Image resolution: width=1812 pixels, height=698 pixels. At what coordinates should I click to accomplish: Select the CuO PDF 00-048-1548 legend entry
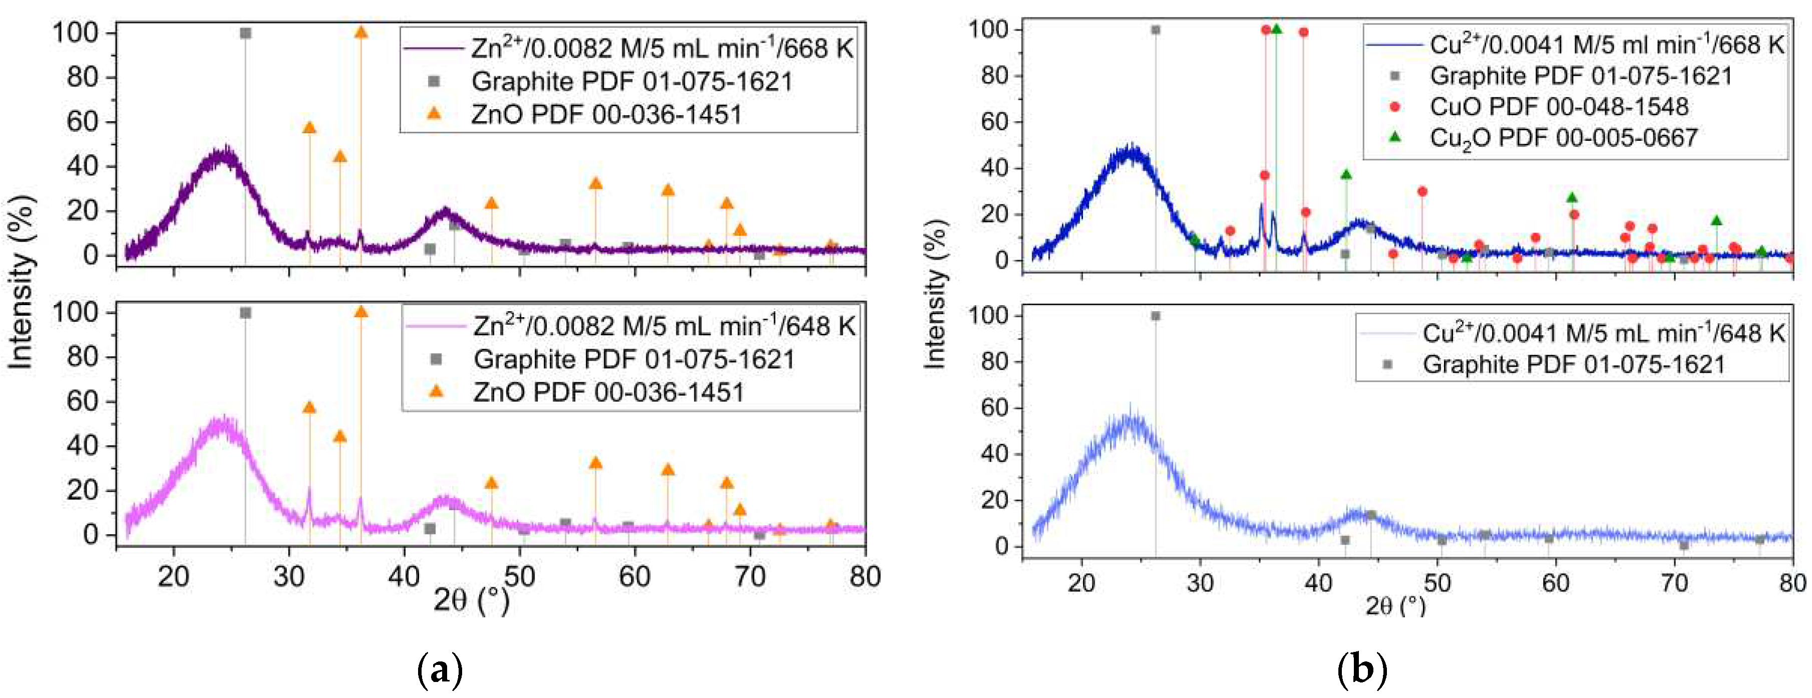coord(1558,107)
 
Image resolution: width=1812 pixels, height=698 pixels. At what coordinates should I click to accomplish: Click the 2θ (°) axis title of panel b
coord(1395,605)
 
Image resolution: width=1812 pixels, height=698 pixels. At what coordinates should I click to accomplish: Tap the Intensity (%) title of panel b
coord(935,294)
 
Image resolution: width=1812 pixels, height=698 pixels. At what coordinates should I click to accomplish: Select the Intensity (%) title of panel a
coord(21,282)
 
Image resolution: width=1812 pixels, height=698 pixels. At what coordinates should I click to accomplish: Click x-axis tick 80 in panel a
coord(865,576)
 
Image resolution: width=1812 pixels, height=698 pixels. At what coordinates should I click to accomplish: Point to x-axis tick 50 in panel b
coord(1437,583)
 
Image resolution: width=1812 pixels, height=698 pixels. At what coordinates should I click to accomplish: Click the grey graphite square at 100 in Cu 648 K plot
coord(1155,316)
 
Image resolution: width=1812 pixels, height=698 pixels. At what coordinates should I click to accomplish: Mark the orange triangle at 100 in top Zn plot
coord(361,33)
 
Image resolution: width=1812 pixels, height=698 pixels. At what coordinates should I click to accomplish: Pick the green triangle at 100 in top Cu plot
coord(1277,29)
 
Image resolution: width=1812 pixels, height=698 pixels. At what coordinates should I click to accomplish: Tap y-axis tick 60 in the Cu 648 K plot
coord(994,407)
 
